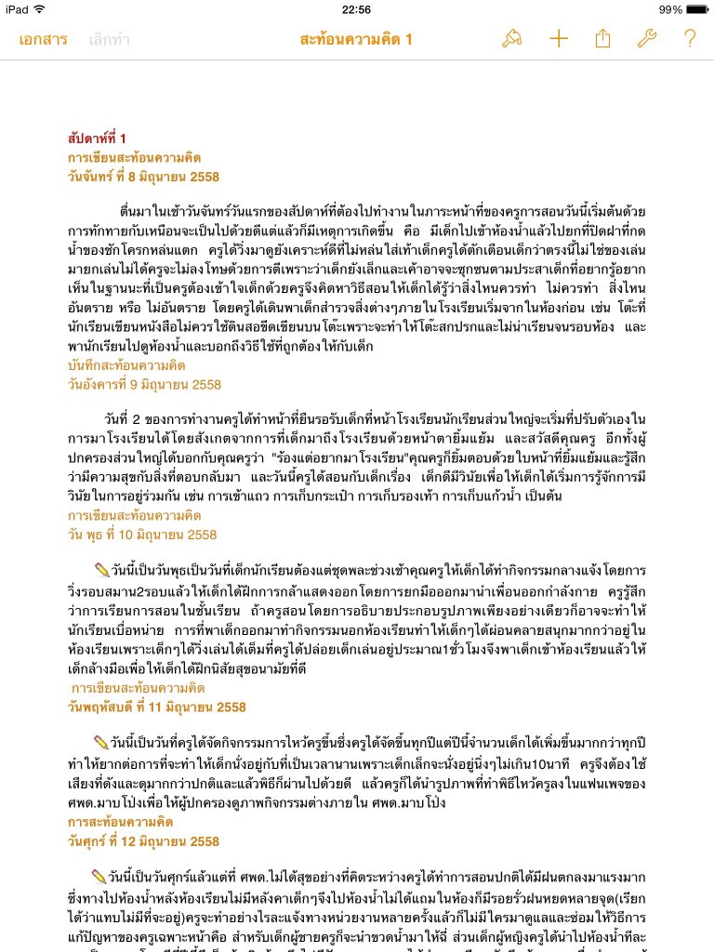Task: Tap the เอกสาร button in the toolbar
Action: point(42,39)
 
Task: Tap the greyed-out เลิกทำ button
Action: point(109,39)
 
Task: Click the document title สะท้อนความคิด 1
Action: point(356,39)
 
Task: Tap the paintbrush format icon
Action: point(511,39)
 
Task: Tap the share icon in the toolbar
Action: point(602,39)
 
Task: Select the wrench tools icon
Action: point(646,39)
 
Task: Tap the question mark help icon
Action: point(689,39)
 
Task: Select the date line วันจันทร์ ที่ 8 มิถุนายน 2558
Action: point(143,177)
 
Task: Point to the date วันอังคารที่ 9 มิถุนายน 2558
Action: point(144,384)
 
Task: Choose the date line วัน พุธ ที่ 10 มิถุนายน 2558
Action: point(141,535)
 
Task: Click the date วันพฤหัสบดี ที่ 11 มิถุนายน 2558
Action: point(156,707)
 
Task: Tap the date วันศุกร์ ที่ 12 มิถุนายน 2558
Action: point(143,841)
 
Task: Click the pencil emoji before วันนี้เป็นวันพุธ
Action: point(101,568)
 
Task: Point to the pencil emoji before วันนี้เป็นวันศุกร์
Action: point(100,875)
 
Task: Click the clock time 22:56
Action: point(356,9)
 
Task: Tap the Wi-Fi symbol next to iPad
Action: point(38,9)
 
